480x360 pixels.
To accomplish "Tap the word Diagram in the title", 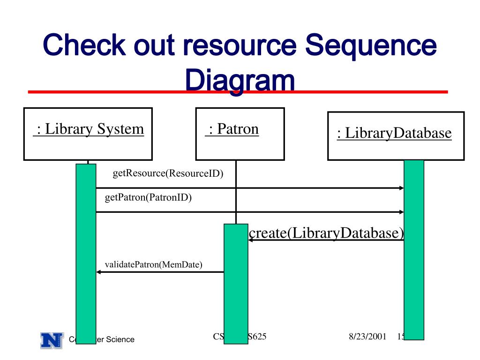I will pos(240,81).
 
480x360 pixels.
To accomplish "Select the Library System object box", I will pos(88,134).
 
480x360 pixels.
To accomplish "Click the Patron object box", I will pos(240,134).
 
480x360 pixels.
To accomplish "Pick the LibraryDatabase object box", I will pos(396,136).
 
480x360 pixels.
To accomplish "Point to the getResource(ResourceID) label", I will pos(168,173).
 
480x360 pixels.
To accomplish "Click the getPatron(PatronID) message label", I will pos(148,197).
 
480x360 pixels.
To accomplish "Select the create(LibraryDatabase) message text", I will pos(326,233).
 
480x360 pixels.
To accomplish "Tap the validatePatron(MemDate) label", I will pos(153,264).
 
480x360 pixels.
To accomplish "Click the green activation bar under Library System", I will pos(86,253).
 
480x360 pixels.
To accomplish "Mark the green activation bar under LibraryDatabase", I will pos(414,248).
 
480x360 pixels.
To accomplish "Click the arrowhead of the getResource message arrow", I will pos(401,188).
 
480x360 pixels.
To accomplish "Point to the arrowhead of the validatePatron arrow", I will pos(99,272).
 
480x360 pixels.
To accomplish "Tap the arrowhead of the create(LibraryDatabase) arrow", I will pos(251,240).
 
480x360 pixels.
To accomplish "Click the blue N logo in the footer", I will pos(52,340).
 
